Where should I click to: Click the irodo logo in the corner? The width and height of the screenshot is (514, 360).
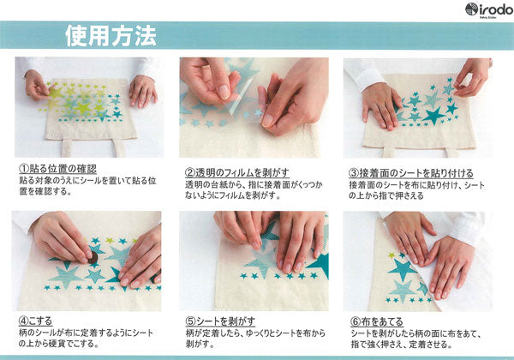(x=489, y=9)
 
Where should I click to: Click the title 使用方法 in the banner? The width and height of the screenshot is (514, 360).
(x=111, y=36)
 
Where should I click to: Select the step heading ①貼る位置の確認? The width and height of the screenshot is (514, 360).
(x=57, y=169)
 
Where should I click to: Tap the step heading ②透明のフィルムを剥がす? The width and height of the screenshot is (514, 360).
(x=237, y=172)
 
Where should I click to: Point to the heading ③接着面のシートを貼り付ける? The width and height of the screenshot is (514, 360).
(x=411, y=173)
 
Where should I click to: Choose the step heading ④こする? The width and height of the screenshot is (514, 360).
(x=35, y=321)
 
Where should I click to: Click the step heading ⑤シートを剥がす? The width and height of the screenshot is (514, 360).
(x=220, y=321)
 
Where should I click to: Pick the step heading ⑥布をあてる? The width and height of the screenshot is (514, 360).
(x=377, y=321)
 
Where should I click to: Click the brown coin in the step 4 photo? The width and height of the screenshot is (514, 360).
(x=93, y=258)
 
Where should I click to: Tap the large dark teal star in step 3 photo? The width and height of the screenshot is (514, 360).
(x=434, y=116)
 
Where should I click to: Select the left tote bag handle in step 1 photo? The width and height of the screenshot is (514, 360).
(x=67, y=148)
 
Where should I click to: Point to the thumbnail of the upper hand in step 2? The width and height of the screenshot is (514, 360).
(x=224, y=92)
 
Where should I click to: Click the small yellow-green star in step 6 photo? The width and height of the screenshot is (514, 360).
(x=391, y=255)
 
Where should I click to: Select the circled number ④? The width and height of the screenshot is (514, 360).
(x=23, y=321)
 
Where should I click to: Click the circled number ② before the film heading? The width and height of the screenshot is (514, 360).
(x=190, y=173)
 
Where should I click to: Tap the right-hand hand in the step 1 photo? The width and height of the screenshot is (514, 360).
(x=143, y=91)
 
